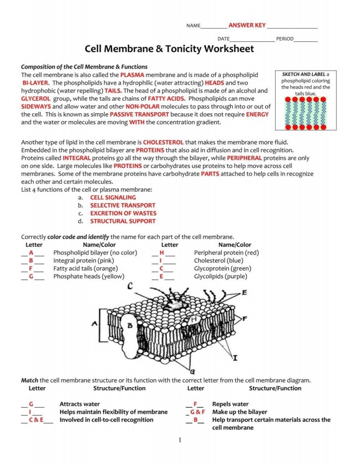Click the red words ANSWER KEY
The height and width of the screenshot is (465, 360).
tap(247, 25)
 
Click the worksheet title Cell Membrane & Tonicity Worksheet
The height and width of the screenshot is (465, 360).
tap(169, 49)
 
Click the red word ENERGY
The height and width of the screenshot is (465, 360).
tap(257, 114)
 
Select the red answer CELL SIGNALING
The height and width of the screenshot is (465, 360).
tap(113, 198)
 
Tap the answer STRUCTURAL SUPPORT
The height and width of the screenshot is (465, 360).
tap(123, 221)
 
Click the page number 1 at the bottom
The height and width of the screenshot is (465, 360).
tap(180, 440)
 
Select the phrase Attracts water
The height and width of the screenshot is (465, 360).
tap(79, 404)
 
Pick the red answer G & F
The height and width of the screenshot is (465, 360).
tap(195, 412)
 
